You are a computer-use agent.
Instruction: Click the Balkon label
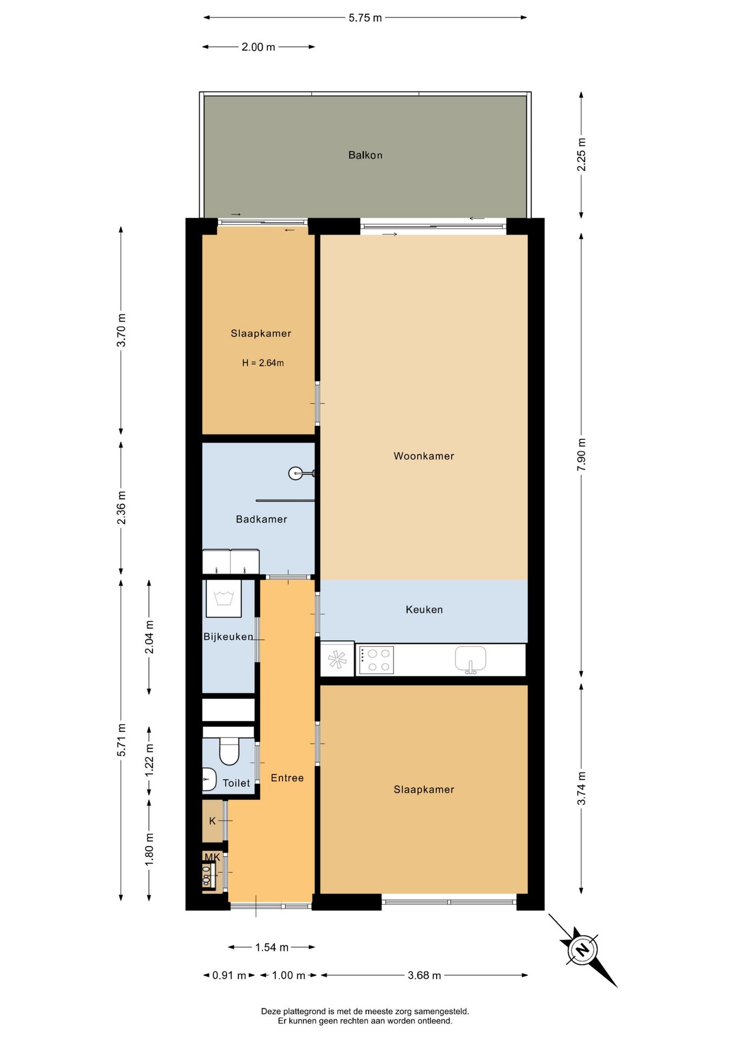(x=365, y=155)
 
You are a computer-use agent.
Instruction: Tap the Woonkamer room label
(x=424, y=456)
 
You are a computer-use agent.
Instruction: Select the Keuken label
(x=424, y=610)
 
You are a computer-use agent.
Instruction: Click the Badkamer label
(x=261, y=519)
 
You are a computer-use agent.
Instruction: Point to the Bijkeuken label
(x=228, y=637)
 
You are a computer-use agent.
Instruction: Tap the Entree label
(x=287, y=778)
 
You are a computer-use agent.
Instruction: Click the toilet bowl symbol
(x=229, y=750)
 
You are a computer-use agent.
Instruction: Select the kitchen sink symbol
(x=470, y=660)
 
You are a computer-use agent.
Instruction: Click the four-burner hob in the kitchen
(x=376, y=660)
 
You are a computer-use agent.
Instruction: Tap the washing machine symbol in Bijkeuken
(x=224, y=599)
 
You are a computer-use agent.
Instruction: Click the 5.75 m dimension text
(x=365, y=18)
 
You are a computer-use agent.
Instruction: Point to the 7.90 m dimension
(x=582, y=455)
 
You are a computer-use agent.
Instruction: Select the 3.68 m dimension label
(x=424, y=975)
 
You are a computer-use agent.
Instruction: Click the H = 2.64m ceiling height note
(x=262, y=363)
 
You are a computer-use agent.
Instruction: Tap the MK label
(x=212, y=857)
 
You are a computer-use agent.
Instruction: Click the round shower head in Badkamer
(x=296, y=474)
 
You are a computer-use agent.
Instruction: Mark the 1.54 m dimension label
(x=272, y=947)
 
